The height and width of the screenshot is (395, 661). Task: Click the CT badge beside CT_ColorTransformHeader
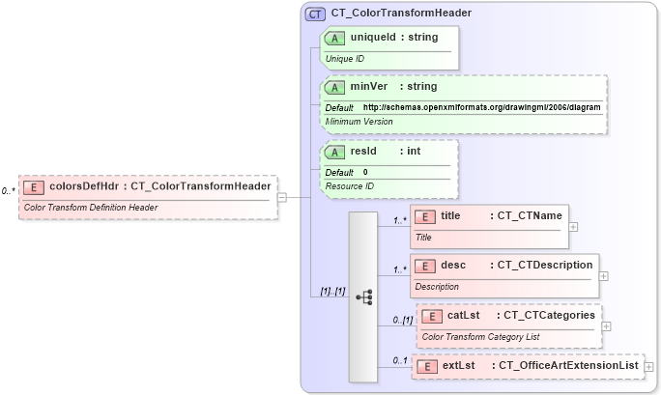(316, 14)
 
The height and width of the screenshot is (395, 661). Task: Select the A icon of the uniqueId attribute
(335, 38)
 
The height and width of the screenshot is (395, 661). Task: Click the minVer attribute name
(369, 87)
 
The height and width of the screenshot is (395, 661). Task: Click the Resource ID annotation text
(349, 185)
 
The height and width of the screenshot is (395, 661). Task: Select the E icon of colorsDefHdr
(34, 186)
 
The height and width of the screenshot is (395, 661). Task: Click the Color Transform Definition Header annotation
(90, 207)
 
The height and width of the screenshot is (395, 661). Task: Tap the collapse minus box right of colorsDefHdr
(281, 197)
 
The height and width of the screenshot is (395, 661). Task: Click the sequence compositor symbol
(364, 296)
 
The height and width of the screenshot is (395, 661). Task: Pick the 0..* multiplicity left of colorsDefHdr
(8, 191)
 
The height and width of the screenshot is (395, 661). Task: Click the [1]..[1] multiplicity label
(332, 291)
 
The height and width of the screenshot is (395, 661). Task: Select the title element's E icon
(425, 216)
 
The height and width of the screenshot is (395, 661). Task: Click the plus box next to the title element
(574, 227)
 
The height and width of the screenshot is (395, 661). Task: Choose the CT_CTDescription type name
(545, 265)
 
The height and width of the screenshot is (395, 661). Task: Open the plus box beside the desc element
(604, 275)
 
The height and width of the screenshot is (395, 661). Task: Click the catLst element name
(464, 315)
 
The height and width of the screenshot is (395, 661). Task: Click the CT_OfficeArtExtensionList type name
(567, 365)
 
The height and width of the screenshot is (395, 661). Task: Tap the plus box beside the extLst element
(648, 367)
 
